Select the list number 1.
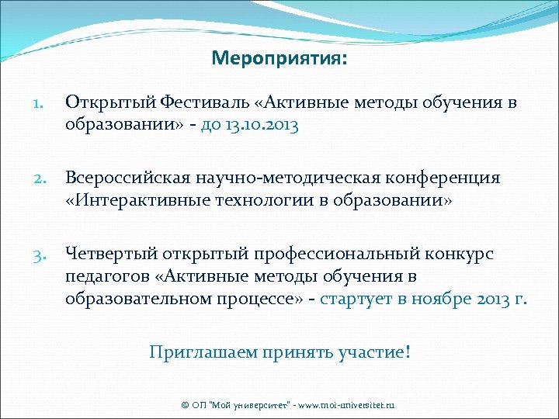pos(40,104)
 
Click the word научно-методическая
pos(269,179)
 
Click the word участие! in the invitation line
pos(375,352)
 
